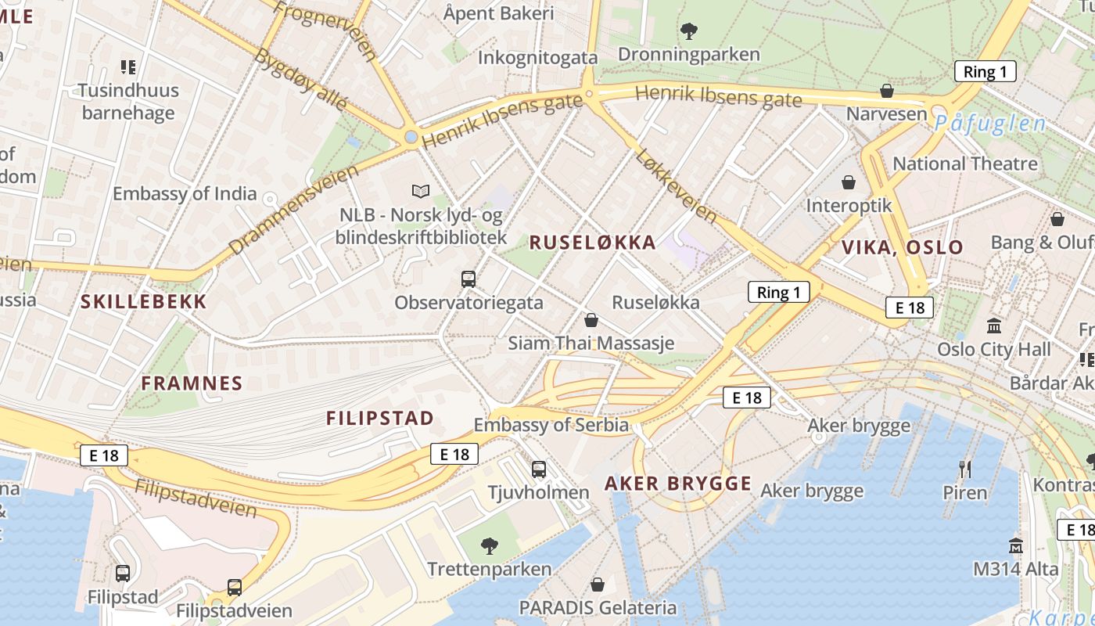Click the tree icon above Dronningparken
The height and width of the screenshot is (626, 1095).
[x=689, y=31]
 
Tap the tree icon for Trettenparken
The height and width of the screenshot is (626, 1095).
[x=490, y=545]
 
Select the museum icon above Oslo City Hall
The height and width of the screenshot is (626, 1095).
[x=994, y=325]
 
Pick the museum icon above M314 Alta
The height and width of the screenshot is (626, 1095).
[x=1016, y=545]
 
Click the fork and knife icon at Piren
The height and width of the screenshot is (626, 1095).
[x=965, y=469]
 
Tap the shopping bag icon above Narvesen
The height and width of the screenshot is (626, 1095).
[x=887, y=91]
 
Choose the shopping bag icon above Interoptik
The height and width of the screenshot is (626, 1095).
[x=849, y=182]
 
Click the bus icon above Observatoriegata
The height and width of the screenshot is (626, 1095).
[x=469, y=279]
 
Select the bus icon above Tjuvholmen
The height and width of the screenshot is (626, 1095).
[x=539, y=469]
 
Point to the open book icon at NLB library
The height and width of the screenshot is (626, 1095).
[x=421, y=191]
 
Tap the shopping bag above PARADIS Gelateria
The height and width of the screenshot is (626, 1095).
[x=598, y=585]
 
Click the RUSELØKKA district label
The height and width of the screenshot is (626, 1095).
[x=593, y=243]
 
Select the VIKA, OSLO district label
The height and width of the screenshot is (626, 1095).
[x=903, y=248]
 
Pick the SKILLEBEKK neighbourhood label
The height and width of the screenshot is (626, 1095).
[x=144, y=302]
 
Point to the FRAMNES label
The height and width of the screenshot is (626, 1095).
[x=192, y=383]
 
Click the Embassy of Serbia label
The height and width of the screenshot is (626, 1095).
[x=551, y=426]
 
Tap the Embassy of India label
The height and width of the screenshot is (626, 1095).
[x=185, y=194]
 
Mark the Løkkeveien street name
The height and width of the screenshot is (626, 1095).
[x=676, y=185]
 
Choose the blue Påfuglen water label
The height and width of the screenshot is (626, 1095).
[x=989, y=124]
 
